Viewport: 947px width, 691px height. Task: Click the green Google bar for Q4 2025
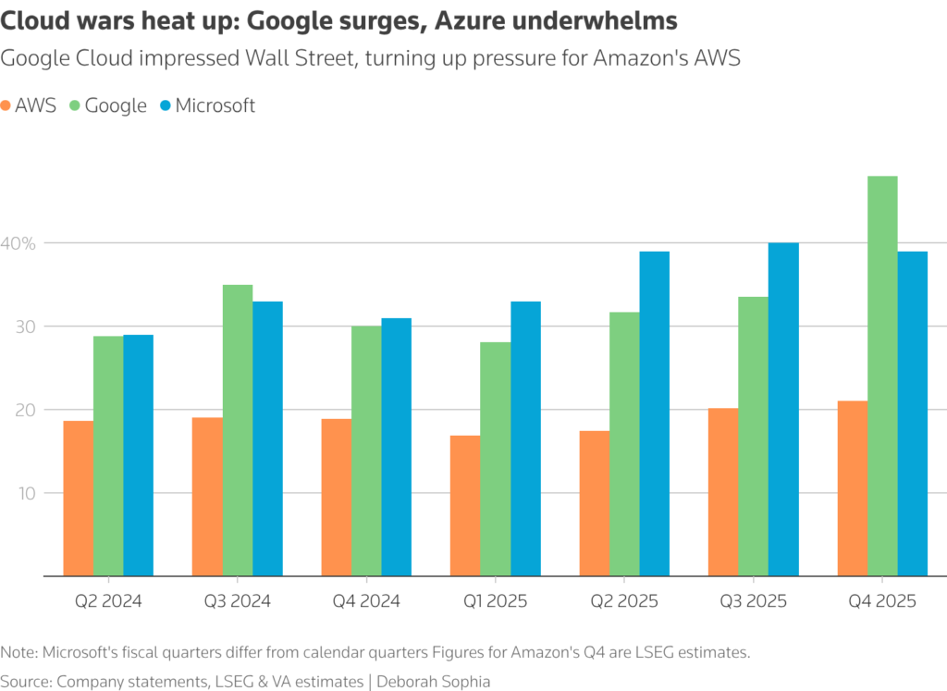882,376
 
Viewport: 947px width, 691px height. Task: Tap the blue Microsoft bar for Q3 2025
783,409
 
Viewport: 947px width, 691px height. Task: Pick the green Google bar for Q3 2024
238,430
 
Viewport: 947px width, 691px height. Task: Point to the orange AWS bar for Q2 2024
78,498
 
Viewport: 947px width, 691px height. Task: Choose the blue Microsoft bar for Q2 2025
654,413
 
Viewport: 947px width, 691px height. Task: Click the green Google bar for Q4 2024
366,450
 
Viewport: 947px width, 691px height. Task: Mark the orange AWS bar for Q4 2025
852,487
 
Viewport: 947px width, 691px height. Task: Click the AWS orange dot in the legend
7,105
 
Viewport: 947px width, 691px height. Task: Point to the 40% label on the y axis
18,243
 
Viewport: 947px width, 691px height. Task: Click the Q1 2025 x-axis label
496,601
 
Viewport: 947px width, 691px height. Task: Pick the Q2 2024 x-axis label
108,601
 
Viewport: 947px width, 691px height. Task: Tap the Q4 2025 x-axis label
882,601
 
